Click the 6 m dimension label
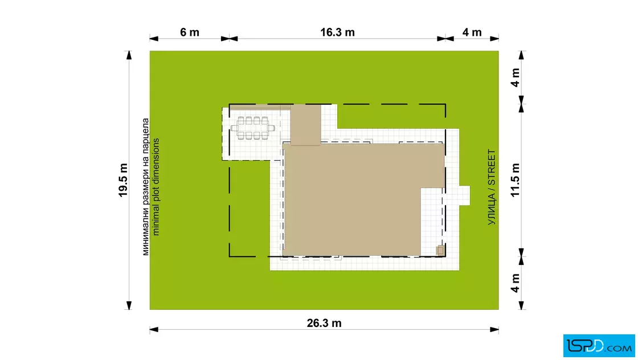pyautogui.click(x=190, y=32)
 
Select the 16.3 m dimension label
pyautogui.click(x=337, y=32)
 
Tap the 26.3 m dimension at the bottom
pyautogui.click(x=324, y=323)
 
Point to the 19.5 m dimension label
pyautogui.click(x=123, y=180)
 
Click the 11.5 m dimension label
pyautogui.click(x=515, y=180)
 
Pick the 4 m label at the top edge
pyautogui.click(x=472, y=32)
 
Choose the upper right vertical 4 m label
pyautogui.click(x=515, y=77)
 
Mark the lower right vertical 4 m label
pyautogui.click(x=515, y=283)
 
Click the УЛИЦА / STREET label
pyautogui.click(x=492, y=187)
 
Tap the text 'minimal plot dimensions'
pyautogui.click(x=156, y=187)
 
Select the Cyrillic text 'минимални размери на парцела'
pyautogui.click(x=145, y=187)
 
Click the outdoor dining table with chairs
pyautogui.click(x=253, y=128)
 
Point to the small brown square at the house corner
pyautogui.click(x=440, y=251)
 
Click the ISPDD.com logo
pyautogui.click(x=599, y=346)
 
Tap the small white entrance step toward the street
pyautogui.click(x=465, y=195)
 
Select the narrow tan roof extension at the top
pyautogui.click(x=305, y=125)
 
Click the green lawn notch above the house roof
pyautogui.click(x=391, y=117)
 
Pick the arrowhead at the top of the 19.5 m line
pyautogui.click(x=129, y=55)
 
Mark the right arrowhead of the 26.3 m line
pyautogui.click(x=494, y=329)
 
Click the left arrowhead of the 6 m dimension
pyautogui.click(x=154, y=39)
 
